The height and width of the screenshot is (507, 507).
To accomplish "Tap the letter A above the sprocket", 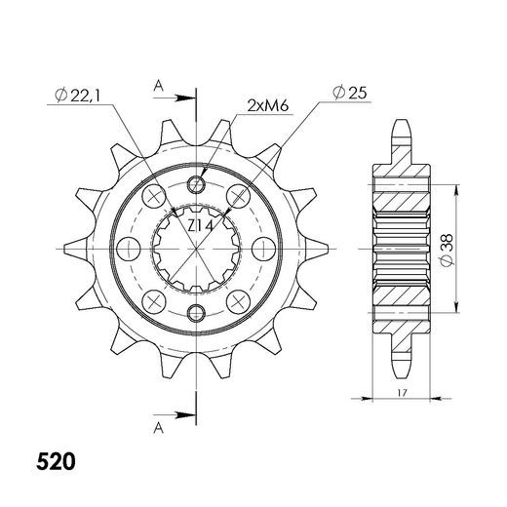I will [x=158, y=86].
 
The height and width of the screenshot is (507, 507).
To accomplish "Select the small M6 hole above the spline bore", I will [x=198, y=185].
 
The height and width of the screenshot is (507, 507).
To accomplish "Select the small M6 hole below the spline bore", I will [x=198, y=312].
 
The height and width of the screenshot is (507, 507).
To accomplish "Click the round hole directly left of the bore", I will [x=124, y=249].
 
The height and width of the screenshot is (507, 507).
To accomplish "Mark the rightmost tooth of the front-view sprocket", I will [x=325, y=248].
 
